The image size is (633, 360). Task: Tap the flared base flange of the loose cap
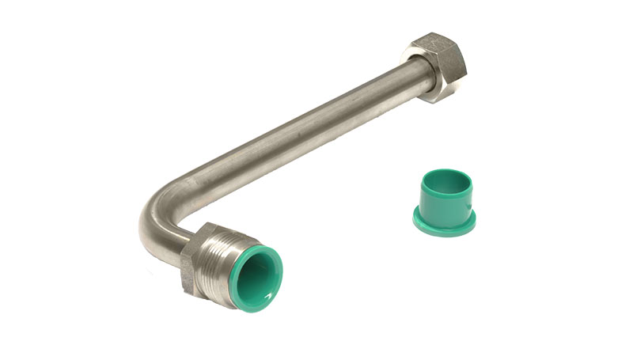click(443, 226)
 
